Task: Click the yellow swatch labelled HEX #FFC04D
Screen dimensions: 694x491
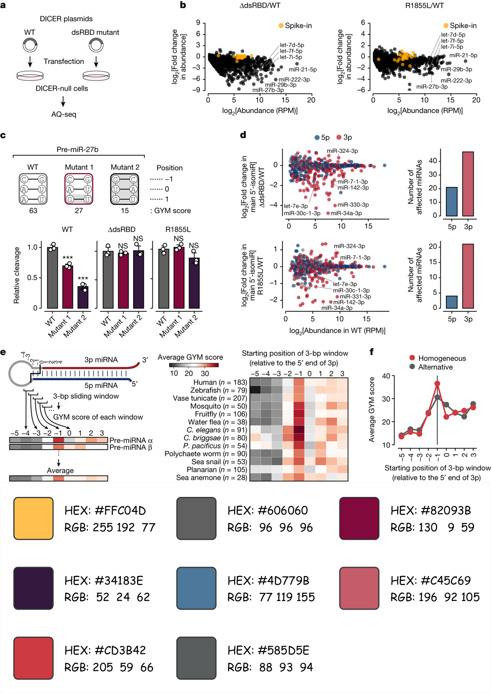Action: [34, 518]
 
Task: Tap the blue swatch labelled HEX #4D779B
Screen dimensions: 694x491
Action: [197, 588]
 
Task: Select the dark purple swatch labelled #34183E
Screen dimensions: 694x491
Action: [34, 588]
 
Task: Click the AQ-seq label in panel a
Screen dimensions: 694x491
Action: [63, 114]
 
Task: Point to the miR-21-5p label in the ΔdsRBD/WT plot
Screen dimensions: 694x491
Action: [302, 70]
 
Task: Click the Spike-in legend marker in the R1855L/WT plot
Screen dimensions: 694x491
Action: [446, 25]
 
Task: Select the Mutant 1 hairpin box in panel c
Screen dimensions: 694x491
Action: [79, 189]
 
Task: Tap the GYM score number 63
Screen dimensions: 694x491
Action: [33, 210]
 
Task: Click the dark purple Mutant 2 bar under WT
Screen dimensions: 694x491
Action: [83, 297]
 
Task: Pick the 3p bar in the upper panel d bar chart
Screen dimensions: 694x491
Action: [468, 184]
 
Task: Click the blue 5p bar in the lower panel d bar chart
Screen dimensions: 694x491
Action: [452, 302]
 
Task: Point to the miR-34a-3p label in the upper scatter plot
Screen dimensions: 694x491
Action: [346, 213]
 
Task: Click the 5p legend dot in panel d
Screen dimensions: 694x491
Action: [317, 137]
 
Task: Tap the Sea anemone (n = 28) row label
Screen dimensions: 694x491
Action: [211, 478]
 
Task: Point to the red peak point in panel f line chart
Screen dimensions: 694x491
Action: [437, 383]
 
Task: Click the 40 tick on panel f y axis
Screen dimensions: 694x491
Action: [386, 376]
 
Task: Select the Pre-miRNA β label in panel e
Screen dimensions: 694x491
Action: [131, 447]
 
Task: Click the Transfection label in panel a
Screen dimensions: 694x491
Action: [63, 62]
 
